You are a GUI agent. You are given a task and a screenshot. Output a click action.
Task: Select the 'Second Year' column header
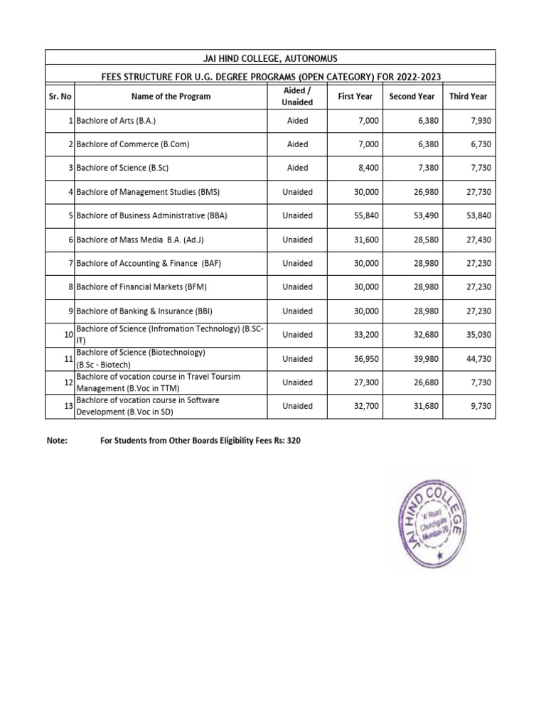(x=412, y=96)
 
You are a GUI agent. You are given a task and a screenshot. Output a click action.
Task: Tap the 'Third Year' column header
(x=469, y=96)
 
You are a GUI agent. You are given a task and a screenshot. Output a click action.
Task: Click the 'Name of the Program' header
(x=171, y=96)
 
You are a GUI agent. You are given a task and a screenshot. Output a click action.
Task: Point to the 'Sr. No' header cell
(x=60, y=96)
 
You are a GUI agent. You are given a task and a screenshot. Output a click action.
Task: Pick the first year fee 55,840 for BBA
(x=364, y=215)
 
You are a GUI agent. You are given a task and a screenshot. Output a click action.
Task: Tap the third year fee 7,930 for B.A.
(x=478, y=121)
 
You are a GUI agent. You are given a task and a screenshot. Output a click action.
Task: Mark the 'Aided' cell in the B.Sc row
(x=297, y=168)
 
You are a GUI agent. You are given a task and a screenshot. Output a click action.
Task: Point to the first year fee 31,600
(x=364, y=240)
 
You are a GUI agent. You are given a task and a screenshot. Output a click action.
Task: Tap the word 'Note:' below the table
(x=56, y=441)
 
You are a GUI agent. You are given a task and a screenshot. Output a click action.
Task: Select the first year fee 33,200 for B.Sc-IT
(x=364, y=335)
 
